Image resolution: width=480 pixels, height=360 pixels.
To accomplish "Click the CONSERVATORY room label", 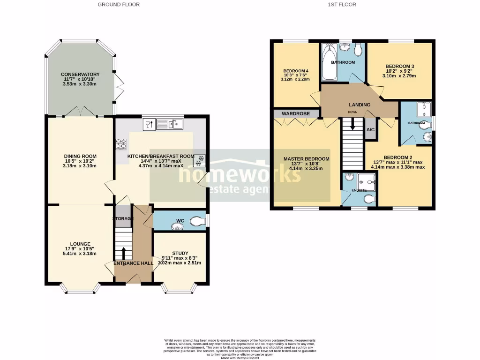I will click(80, 74).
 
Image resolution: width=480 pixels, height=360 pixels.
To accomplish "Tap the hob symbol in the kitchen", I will click(121, 144).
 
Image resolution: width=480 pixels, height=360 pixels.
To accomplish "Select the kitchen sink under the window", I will click(170, 124).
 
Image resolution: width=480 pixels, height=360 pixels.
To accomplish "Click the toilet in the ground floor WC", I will click(199, 221).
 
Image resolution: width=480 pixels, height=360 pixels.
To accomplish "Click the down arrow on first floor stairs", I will click(352, 125).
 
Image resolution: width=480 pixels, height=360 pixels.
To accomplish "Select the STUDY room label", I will click(180, 253).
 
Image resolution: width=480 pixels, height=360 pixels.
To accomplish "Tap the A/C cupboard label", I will click(370, 129).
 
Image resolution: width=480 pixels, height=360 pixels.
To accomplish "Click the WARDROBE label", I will click(294, 113).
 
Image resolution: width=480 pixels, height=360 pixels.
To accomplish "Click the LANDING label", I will click(359, 105).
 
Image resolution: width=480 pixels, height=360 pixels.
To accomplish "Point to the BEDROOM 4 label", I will click(294, 71).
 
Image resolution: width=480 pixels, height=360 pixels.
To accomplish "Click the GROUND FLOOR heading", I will click(119, 5).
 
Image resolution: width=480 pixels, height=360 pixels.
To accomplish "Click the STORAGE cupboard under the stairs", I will click(123, 218).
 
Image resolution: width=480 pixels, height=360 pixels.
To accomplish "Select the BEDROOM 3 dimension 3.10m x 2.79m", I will click(400, 75).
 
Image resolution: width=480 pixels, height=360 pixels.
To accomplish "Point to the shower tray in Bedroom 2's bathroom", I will click(424, 110).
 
